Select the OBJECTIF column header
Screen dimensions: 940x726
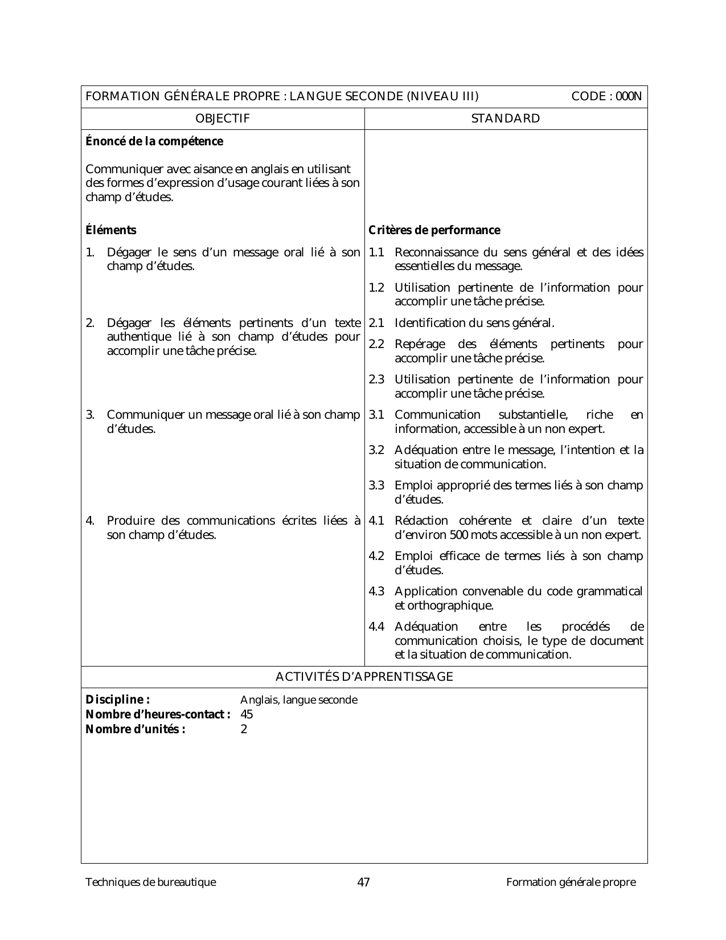point(222,118)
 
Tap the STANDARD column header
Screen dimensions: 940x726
point(506,118)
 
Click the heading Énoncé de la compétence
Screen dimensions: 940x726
point(154,141)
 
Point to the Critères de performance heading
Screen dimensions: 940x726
point(434,230)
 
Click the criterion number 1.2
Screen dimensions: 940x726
point(376,288)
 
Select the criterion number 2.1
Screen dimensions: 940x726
point(376,323)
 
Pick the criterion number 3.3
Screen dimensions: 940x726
point(376,485)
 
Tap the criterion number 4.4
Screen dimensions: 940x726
point(376,627)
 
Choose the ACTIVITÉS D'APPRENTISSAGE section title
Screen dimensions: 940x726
point(364,677)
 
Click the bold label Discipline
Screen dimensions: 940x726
point(117,700)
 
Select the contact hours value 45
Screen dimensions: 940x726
point(247,714)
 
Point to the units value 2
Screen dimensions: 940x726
point(244,729)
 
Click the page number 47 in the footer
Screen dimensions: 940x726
point(363,882)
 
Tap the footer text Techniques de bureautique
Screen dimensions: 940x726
point(150,882)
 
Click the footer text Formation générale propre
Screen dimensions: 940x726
point(571,882)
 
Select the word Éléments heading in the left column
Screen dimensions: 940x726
point(111,230)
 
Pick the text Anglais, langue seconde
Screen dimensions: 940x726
point(299,700)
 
